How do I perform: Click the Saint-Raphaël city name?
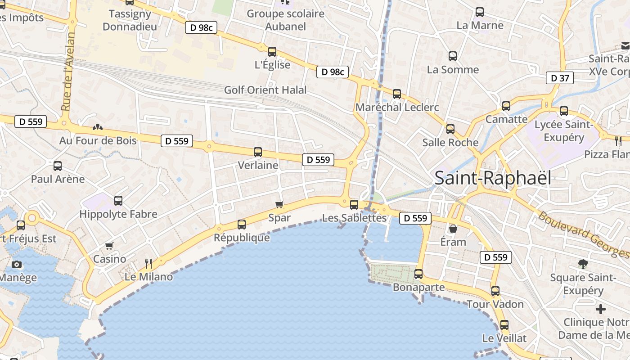(493, 178)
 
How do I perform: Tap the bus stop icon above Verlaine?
(258, 152)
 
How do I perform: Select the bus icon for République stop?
(242, 224)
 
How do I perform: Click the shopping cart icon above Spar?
(279, 205)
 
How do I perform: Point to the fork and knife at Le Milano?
(148, 263)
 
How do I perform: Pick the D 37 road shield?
(560, 78)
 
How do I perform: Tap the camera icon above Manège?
(17, 264)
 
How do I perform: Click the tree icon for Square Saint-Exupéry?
(583, 264)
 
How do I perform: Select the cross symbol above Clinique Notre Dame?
(600, 309)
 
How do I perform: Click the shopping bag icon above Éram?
(453, 229)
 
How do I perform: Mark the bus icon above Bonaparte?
(418, 274)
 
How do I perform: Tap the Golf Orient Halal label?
(265, 90)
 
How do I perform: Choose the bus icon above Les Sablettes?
(354, 205)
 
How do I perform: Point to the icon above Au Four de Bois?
(97, 127)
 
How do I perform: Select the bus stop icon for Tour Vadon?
(495, 291)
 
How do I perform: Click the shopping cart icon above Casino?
(109, 246)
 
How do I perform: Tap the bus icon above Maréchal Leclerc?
(397, 94)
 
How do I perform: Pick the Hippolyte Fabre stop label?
(118, 214)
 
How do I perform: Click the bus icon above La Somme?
(453, 56)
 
